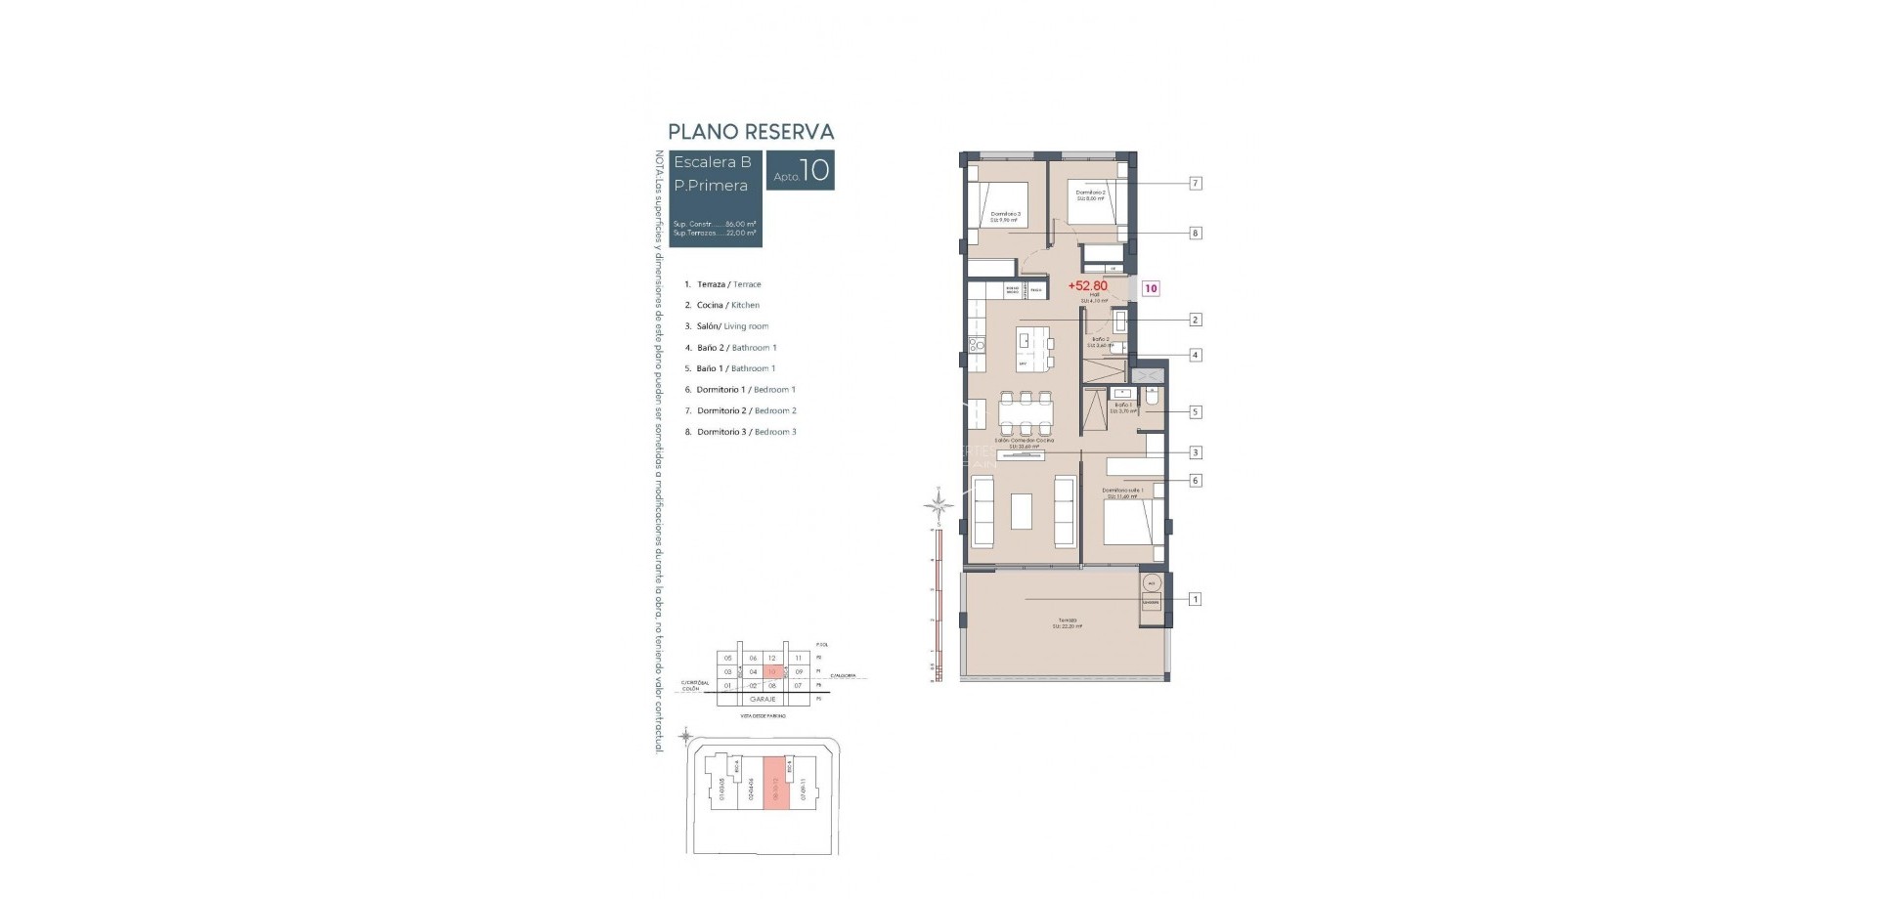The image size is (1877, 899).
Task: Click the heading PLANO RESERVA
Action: (750, 132)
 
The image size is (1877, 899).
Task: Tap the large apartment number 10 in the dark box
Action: (814, 171)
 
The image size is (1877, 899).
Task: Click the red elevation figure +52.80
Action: (1087, 286)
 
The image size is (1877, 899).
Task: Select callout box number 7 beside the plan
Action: (1195, 183)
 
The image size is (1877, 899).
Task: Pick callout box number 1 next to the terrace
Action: (1195, 599)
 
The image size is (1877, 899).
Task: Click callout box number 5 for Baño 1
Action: (1195, 412)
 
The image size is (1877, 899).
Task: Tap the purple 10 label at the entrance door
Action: (1152, 288)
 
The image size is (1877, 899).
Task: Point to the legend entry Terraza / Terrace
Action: (722, 284)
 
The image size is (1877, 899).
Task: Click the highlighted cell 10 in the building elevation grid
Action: (772, 672)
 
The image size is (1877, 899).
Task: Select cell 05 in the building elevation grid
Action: (727, 659)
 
